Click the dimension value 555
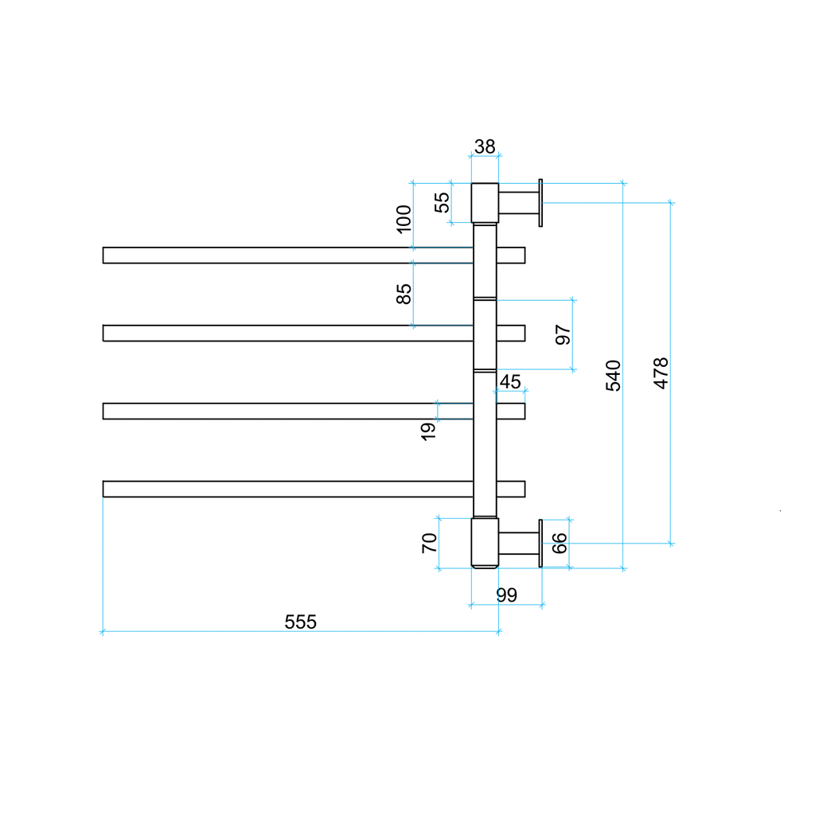[301, 622]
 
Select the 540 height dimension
[613, 375]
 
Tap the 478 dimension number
[661, 372]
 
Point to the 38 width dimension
[485, 146]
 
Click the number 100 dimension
[404, 219]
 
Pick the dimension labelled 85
[404, 294]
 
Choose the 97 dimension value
[563, 335]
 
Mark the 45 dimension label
[509, 382]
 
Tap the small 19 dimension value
[428, 431]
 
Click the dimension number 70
[428, 544]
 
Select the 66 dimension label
[560, 544]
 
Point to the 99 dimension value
[506, 595]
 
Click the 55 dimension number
[442, 203]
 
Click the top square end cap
[485, 203]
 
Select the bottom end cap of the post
[485, 544]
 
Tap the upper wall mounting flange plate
[540, 203]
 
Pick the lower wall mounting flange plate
[540, 544]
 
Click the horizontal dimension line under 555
[199, 632]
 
